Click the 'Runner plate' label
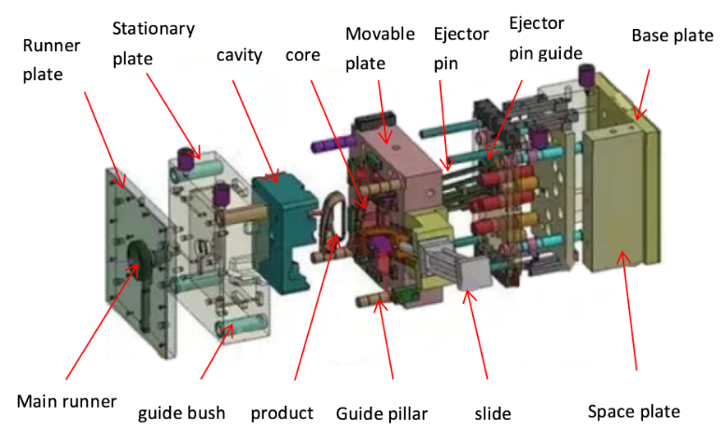coord(51,60)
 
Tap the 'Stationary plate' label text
coord(154,44)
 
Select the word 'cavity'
coord(239,55)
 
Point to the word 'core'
coord(302,55)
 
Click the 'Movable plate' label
coord(380,49)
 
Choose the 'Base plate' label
coord(672,35)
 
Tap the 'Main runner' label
coord(66,401)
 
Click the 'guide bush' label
coord(182,413)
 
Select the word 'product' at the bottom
coord(282,413)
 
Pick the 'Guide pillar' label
coord(382,413)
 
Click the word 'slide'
coord(493,413)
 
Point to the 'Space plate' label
coord(634,412)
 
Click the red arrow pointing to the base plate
coord(642,94)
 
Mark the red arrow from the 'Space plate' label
coord(629,310)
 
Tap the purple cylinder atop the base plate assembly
coord(586,76)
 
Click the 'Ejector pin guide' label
coord(546,38)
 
